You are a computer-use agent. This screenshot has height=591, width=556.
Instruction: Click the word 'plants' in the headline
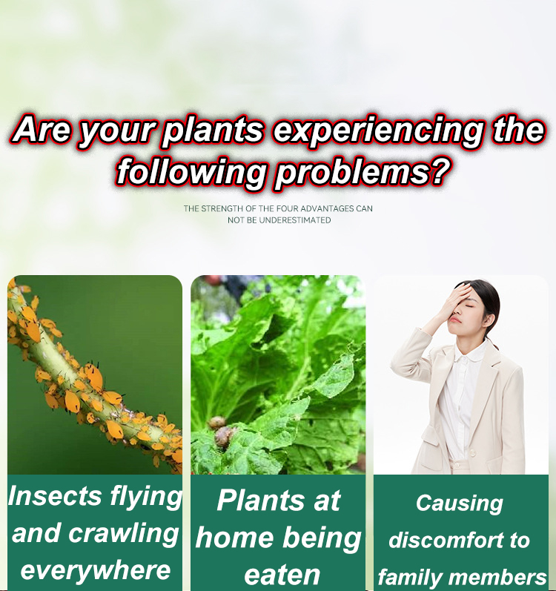(214, 131)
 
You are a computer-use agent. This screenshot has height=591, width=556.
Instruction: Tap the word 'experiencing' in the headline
(378, 131)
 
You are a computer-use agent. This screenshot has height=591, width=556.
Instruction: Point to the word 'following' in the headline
(191, 172)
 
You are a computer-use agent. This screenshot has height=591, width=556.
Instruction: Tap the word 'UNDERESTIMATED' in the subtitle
(295, 220)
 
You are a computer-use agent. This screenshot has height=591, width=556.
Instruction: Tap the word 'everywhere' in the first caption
(95, 570)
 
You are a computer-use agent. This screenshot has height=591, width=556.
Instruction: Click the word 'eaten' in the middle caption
(282, 575)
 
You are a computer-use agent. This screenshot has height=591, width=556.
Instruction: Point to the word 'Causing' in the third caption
(460, 503)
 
